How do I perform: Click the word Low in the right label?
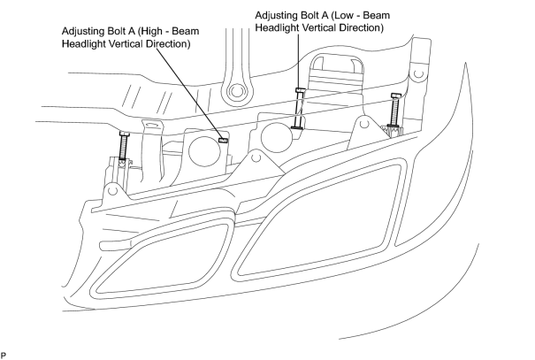343,15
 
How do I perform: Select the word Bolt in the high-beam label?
118,31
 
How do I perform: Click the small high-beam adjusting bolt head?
223,140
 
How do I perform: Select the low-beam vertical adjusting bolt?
298,108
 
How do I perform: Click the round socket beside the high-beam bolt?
203,151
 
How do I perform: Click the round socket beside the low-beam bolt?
277,137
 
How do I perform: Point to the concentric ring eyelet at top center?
235,91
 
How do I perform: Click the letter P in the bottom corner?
4,356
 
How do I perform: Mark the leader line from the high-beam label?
188,93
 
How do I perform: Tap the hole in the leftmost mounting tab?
113,191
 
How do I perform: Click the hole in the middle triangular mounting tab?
256,157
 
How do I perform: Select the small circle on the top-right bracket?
418,73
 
